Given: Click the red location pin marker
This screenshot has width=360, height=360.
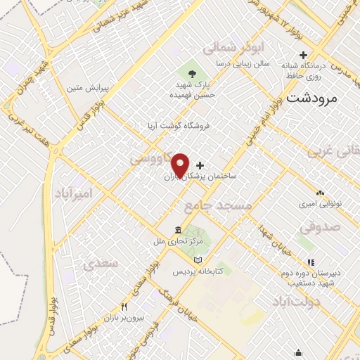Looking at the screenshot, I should pyautogui.click(x=181, y=165).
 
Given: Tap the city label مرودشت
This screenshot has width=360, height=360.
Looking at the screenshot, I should pyautogui.click(x=312, y=98).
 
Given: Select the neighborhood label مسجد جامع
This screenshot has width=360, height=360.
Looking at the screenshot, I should pyautogui.click(x=218, y=205).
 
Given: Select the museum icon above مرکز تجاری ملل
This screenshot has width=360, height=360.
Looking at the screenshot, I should pyautogui.click(x=177, y=231).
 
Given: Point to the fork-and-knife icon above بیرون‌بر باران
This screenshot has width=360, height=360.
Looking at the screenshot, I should pyautogui.click(x=124, y=307).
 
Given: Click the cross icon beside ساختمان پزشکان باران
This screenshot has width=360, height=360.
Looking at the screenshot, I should pyautogui.click(x=200, y=165).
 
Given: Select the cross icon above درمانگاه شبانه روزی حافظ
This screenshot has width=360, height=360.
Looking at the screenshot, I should pyautogui.click(x=304, y=55).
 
